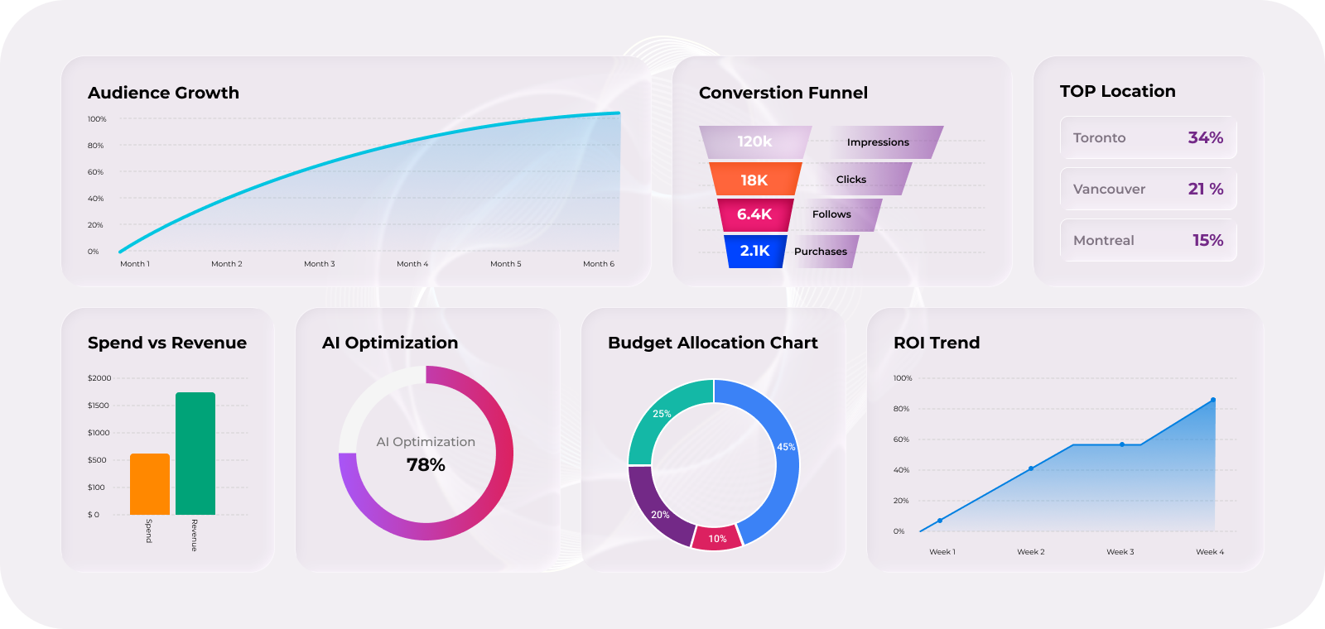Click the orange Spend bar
pos(150,484)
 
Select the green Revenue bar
pos(195,454)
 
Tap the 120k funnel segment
pos(754,142)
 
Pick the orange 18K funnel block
pos(754,180)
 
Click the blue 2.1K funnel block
pos(755,251)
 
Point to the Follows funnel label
pos(831,214)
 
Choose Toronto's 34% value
pos(1205,137)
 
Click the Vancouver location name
pos(1109,189)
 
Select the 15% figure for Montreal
pos(1207,240)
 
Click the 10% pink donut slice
pos(717,538)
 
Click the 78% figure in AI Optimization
pos(426,465)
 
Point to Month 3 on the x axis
pos(320,264)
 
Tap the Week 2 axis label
pos(1031,552)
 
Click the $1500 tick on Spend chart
pos(99,406)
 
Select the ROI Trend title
pos(937,343)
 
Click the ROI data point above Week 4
pos(1213,400)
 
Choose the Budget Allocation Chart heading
pos(712,343)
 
